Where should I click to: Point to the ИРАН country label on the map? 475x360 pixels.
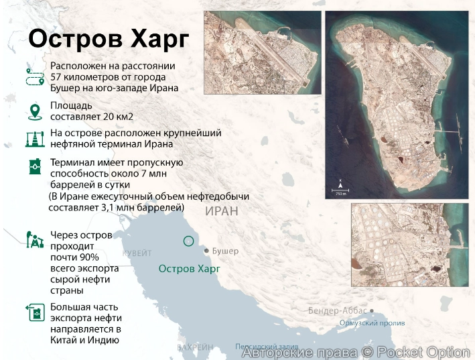coord(221,211)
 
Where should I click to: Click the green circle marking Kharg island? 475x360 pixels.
coord(188,241)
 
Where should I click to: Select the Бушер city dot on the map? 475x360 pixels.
coord(206,251)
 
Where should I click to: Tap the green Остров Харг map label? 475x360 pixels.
coord(188,269)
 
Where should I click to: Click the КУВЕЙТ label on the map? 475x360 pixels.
coord(137,253)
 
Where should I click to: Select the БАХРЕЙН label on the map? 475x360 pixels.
coord(195,347)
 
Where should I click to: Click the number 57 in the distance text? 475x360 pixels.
coord(58,76)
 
